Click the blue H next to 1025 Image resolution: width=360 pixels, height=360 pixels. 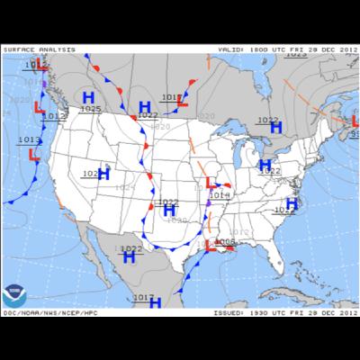(89, 97)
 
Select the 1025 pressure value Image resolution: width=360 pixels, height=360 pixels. (91, 109)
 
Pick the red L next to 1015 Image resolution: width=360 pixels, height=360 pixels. (182, 102)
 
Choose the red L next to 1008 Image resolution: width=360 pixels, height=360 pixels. (211, 245)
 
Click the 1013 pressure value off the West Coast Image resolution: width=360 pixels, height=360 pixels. (28, 139)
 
